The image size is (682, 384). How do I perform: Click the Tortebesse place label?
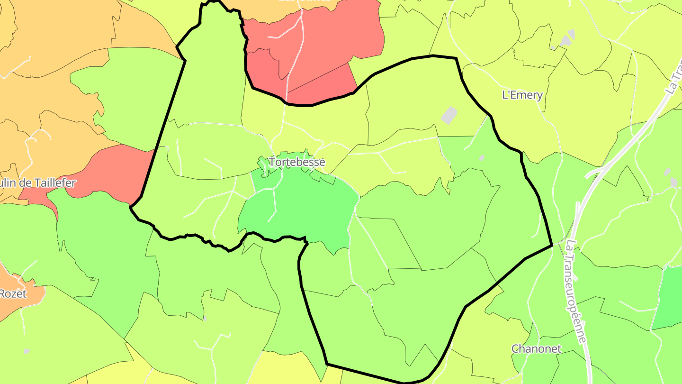[x=297, y=162]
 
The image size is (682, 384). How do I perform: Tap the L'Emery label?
[x=522, y=95]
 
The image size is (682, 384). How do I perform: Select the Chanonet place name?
[x=536, y=349]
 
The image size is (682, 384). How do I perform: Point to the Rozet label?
[x=13, y=294]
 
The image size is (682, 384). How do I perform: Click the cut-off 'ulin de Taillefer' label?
[x=38, y=183]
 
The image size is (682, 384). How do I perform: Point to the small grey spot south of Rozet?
[x=27, y=351]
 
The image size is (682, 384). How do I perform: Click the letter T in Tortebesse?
[x=272, y=162]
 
